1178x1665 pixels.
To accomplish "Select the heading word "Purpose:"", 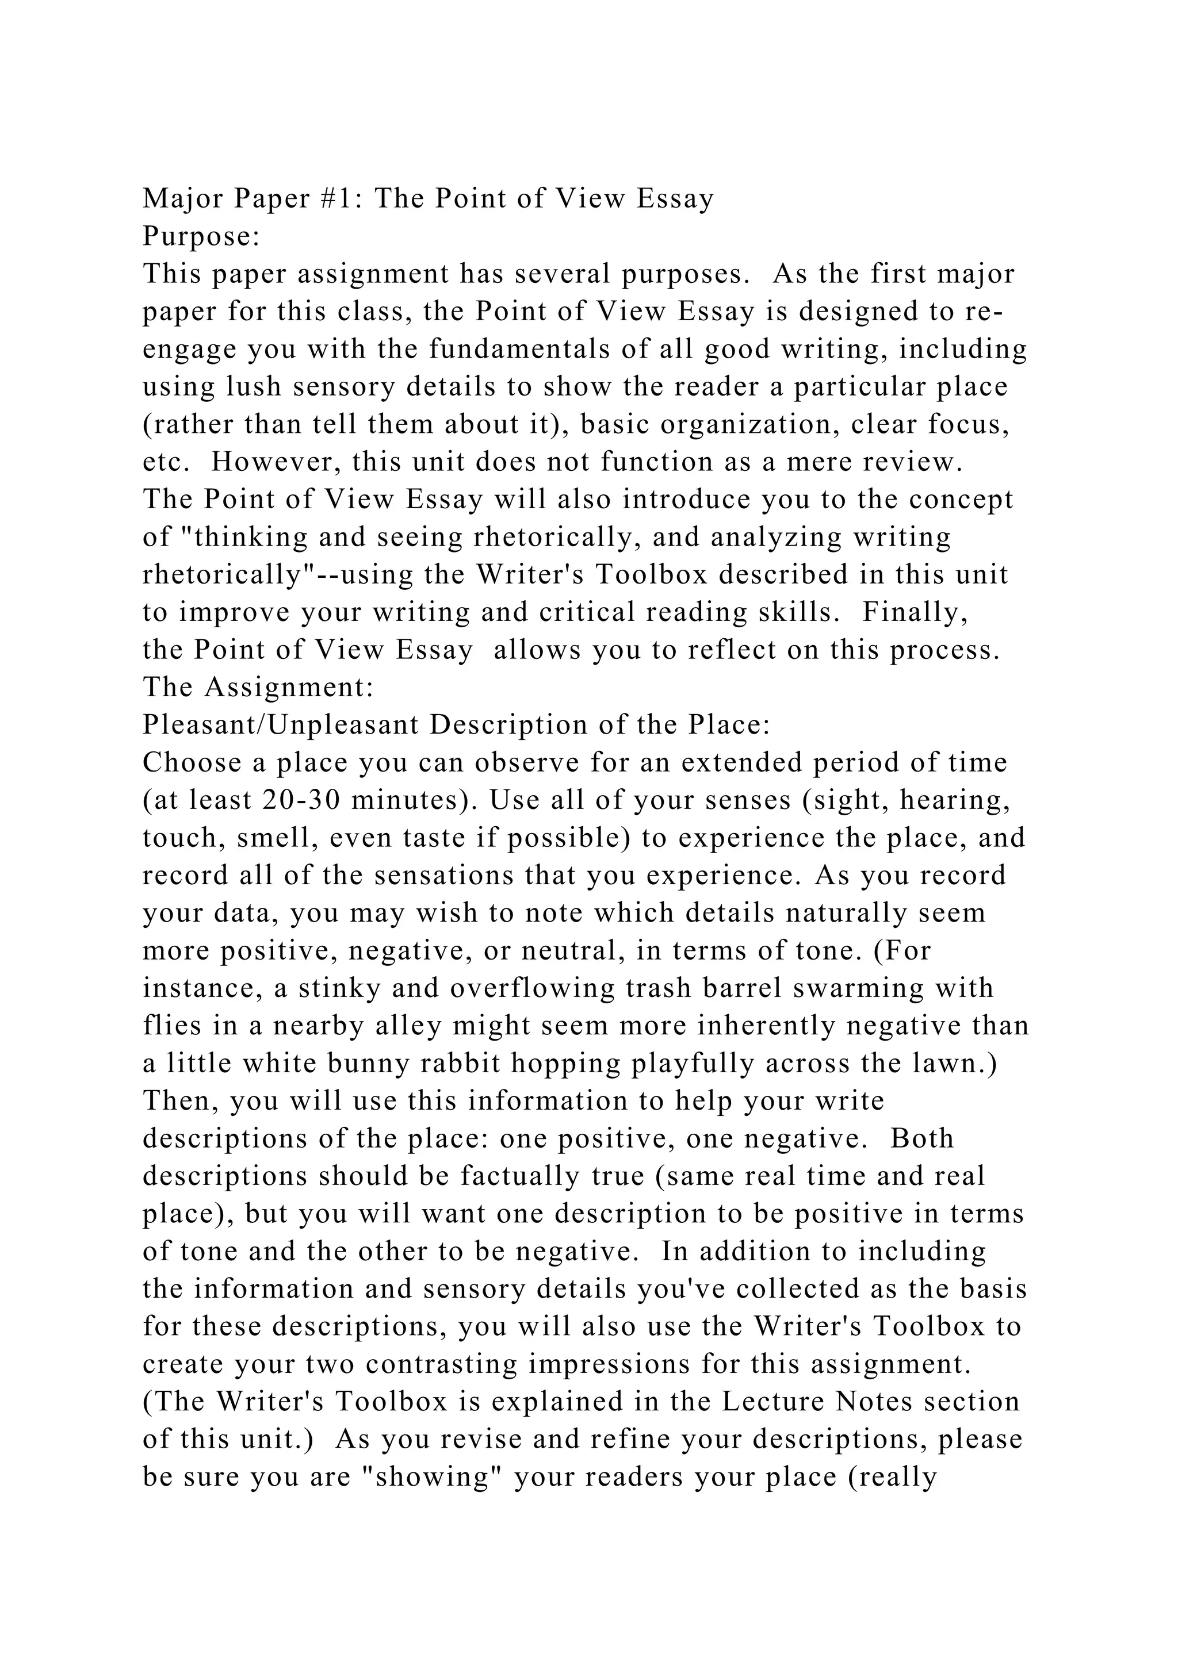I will coord(201,236).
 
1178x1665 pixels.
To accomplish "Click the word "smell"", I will coord(278,838).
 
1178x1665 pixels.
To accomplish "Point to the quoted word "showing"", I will coord(431,1477).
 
